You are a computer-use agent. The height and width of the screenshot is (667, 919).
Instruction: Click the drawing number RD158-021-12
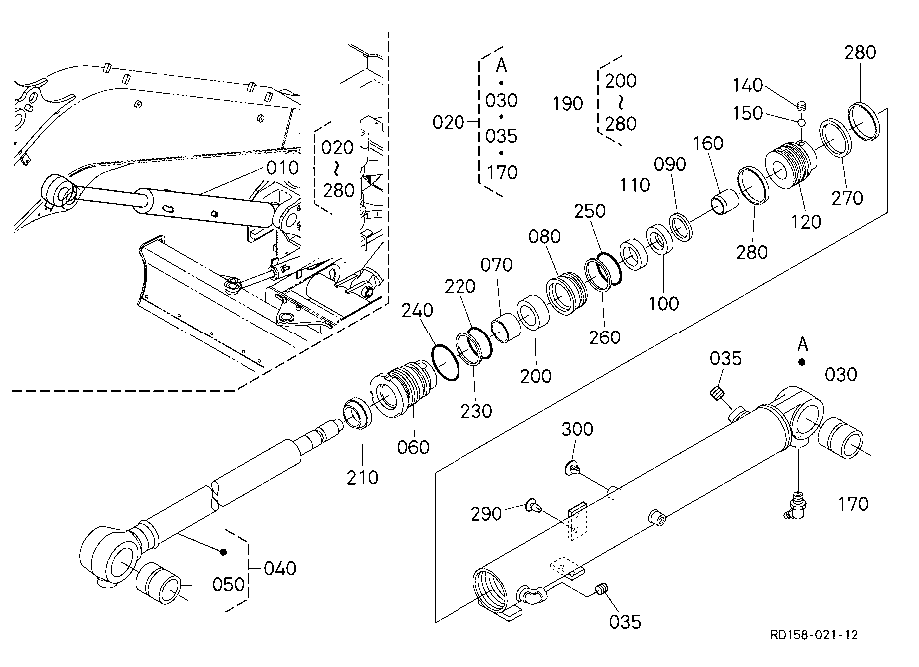coord(814,635)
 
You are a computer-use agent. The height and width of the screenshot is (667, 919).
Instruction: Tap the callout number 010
coord(283,168)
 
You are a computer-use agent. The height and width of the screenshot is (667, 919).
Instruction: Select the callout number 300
coord(577,429)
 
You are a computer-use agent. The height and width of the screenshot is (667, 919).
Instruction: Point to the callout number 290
coord(486,514)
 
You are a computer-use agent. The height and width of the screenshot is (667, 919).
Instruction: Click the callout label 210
coord(362,478)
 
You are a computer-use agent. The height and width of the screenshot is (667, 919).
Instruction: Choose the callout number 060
coord(413,448)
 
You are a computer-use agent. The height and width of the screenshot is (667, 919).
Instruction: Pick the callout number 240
coord(417,310)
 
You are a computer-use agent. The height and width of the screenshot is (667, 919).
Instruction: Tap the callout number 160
coord(708,143)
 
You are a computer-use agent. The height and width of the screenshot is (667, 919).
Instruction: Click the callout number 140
coord(748,86)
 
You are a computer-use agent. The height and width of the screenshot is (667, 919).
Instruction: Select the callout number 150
coord(748,113)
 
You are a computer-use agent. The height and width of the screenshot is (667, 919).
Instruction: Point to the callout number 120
coord(806,222)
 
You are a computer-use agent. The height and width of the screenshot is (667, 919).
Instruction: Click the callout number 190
coord(568,104)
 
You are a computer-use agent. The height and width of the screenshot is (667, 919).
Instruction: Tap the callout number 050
coord(228,584)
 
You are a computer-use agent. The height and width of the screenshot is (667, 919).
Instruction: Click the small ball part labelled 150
coord(801,122)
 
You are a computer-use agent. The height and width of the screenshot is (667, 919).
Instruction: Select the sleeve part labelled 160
coord(726,202)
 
